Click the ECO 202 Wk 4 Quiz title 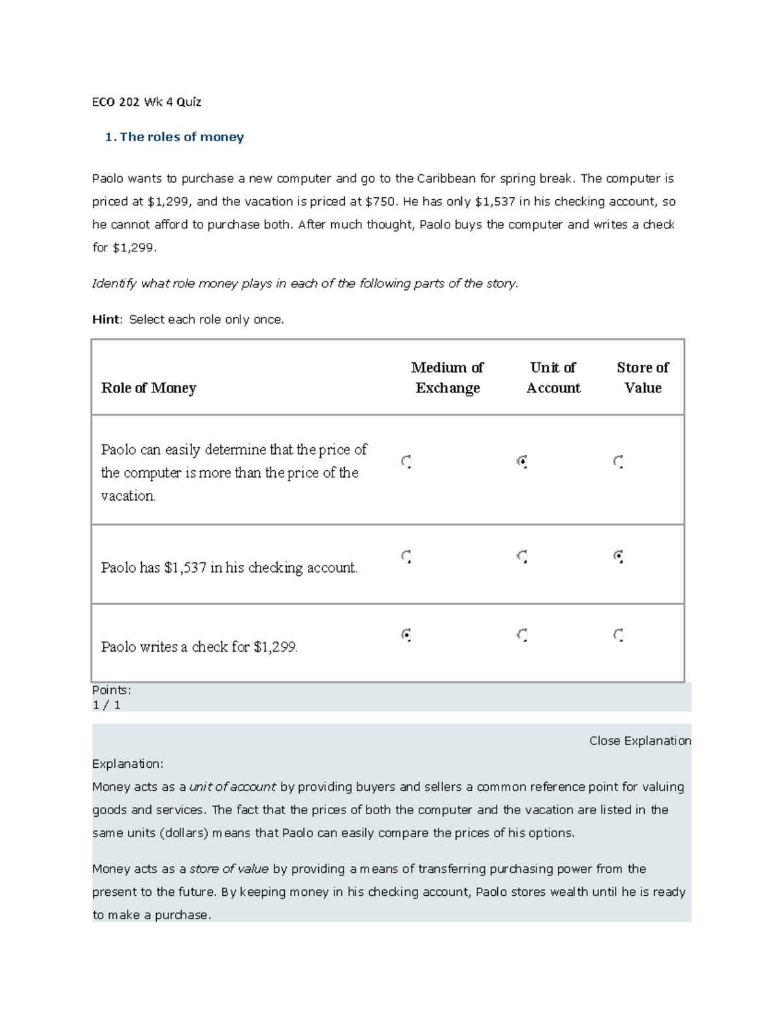click(146, 102)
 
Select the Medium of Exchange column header click(448, 377)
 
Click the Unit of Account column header click(553, 377)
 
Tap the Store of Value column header click(642, 377)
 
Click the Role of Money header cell click(148, 388)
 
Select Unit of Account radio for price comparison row click(522, 462)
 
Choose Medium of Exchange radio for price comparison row click(406, 462)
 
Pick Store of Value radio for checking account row click(618, 556)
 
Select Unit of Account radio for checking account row click(522, 556)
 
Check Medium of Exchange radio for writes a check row click(406, 635)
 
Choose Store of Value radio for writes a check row click(618, 635)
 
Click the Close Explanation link click(640, 740)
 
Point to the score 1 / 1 click(106, 705)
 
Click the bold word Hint click(106, 319)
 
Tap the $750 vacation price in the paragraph click(380, 202)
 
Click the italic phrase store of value click(229, 869)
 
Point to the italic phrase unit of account click(232, 787)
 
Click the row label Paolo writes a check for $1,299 click(199, 647)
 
